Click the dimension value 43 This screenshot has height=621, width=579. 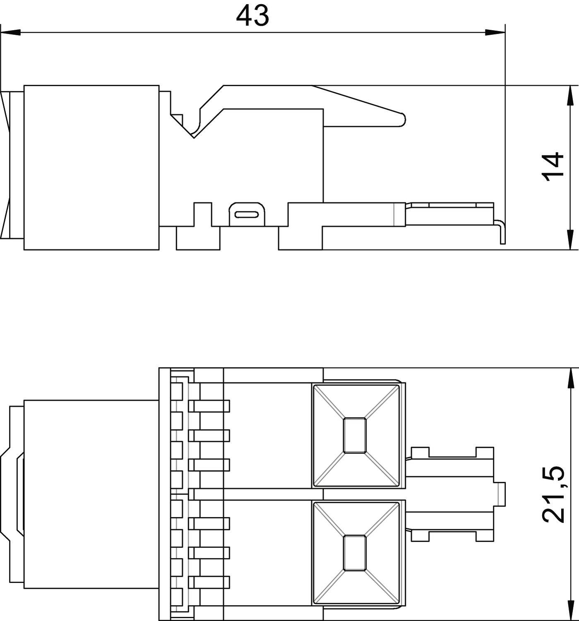point(252,16)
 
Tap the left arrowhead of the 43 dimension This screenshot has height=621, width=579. point(11,32)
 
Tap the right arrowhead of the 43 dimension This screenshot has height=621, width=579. point(495,32)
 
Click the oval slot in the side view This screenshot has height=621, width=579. point(247,214)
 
